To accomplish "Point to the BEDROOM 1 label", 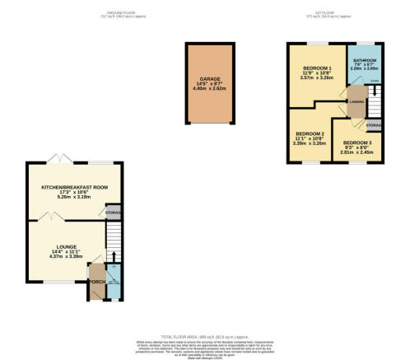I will (x=317, y=67).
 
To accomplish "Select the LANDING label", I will (x=356, y=101).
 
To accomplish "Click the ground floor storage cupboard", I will (x=114, y=213).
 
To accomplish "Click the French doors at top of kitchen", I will (x=58, y=157).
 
